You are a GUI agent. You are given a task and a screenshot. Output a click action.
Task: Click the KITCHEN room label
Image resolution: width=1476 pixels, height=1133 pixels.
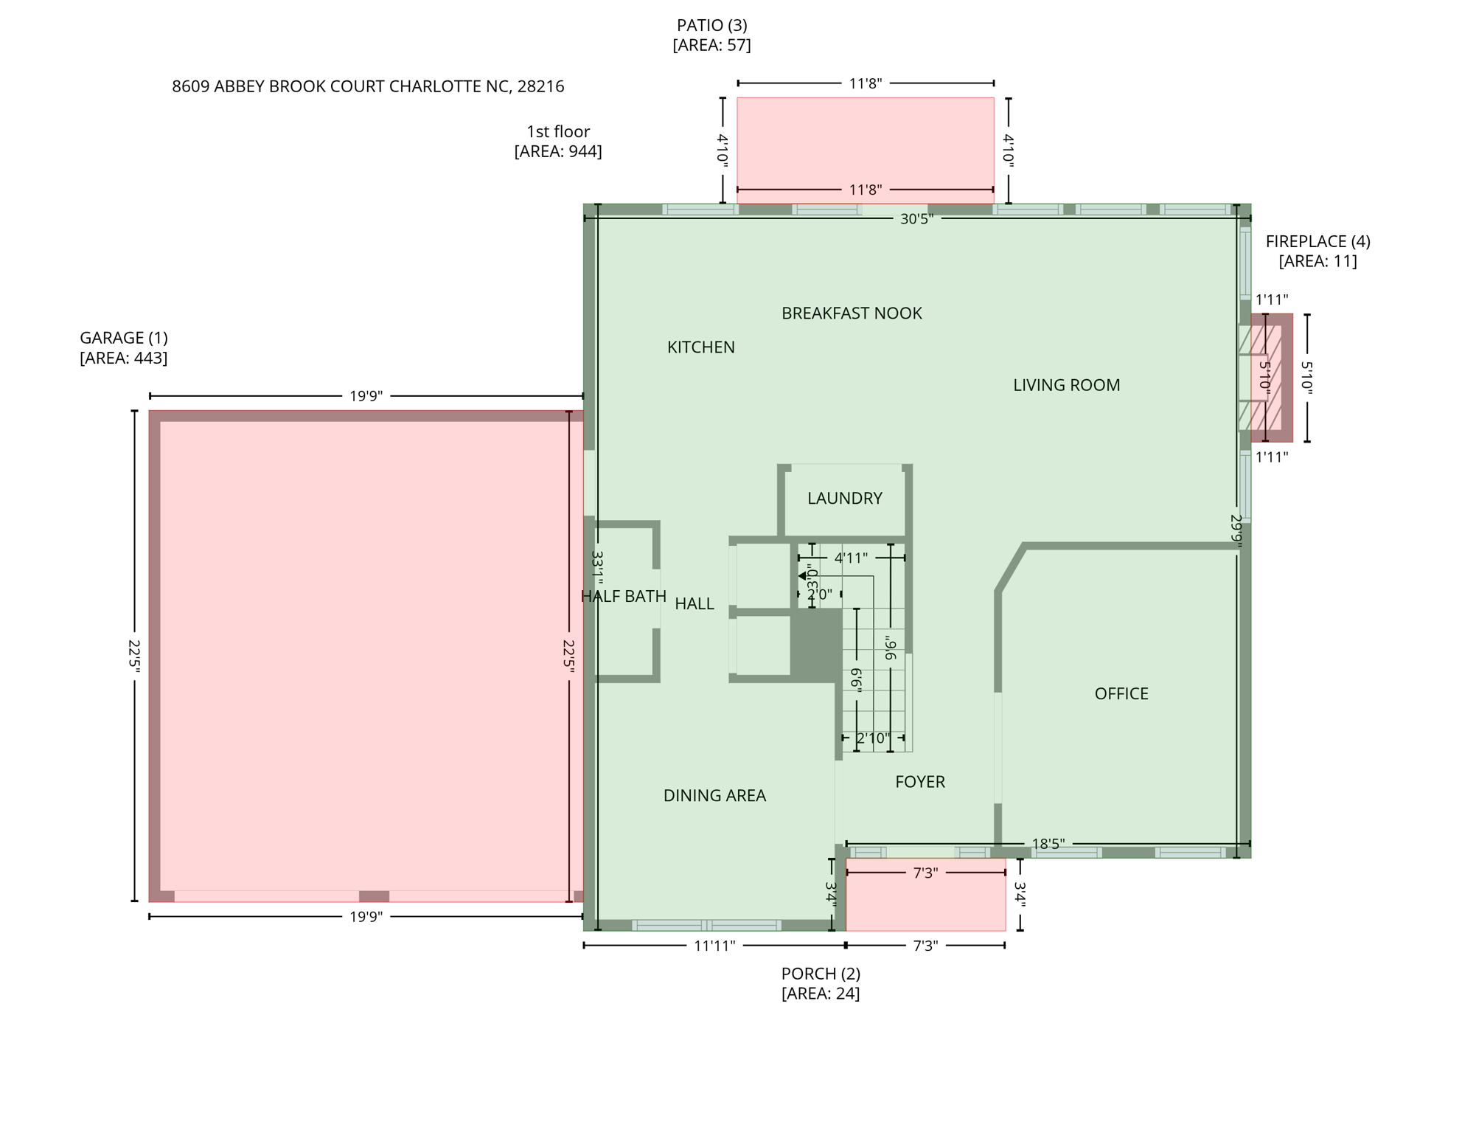700,347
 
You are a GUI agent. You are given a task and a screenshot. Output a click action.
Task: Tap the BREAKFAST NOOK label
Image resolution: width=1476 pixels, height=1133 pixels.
852,313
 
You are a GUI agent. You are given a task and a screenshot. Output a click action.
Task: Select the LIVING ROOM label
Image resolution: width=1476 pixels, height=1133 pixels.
1066,385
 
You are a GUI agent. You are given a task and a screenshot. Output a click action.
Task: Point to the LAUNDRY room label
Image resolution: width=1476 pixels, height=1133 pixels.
844,499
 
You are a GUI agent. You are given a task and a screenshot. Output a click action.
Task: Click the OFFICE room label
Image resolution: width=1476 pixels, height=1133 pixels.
1121,694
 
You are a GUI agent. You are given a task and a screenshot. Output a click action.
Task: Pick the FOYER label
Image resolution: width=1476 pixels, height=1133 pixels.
919,782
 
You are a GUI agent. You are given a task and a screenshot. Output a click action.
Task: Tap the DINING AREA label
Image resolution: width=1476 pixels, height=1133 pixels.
714,796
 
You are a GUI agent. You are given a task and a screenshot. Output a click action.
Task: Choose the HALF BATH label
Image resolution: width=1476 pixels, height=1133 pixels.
624,597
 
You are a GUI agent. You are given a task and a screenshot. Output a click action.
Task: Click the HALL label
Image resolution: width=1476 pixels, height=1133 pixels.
695,604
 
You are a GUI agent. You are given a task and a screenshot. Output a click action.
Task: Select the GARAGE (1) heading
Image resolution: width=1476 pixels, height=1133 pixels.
124,339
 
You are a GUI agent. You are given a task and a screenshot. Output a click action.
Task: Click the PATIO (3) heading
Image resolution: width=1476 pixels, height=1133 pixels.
711,26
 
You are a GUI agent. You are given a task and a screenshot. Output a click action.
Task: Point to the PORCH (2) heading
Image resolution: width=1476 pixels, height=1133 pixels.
821,974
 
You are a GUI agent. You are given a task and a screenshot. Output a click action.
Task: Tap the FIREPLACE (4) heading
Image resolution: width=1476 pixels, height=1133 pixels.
1317,241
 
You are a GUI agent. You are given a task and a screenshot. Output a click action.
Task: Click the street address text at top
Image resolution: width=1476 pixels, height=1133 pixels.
368,87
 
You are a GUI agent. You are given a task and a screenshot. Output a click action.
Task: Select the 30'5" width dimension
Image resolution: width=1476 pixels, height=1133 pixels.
916,219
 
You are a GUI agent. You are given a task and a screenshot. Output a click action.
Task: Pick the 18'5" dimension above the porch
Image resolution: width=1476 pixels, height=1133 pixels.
1048,844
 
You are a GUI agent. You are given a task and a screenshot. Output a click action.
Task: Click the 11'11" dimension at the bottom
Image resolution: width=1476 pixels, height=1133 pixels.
714,946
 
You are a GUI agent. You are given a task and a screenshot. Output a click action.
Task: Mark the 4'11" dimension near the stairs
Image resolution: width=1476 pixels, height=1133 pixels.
851,558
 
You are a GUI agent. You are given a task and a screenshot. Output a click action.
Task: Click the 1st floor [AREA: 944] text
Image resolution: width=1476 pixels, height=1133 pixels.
558,141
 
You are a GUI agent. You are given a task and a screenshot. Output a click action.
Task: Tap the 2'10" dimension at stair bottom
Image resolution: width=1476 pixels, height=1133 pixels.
873,738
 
